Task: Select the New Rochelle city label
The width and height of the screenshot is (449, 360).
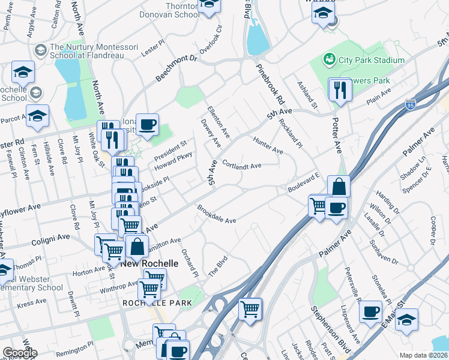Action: pos(149,264)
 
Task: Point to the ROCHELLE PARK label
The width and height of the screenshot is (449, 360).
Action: pos(157,303)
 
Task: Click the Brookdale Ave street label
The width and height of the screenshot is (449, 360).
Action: pos(217,215)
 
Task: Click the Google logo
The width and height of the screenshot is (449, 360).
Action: pos(20,353)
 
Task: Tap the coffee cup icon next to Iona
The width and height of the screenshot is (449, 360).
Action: pos(147,124)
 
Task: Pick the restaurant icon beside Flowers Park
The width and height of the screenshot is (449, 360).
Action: pos(340,90)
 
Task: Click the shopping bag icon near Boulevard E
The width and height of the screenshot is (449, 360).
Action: pos(339,187)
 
